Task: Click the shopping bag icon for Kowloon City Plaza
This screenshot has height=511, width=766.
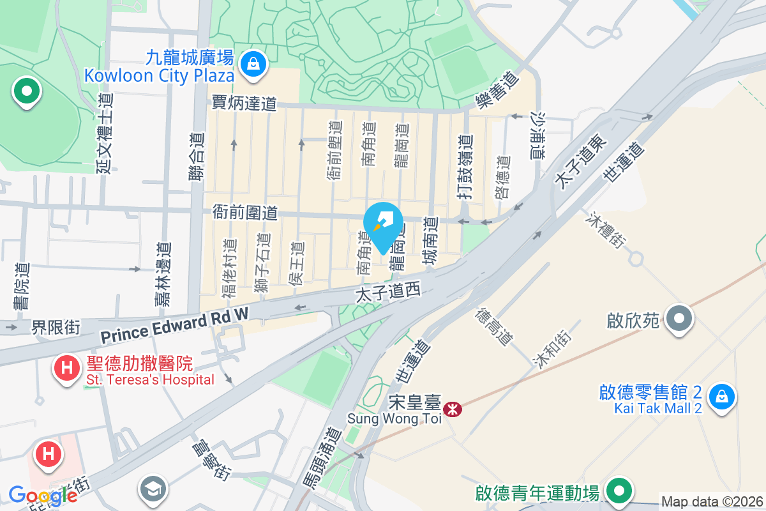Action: tap(254, 64)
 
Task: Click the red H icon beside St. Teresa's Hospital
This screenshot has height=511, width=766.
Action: tap(66, 368)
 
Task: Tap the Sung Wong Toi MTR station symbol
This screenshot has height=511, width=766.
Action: tap(453, 409)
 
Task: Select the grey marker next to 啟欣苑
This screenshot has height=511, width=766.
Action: tap(679, 317)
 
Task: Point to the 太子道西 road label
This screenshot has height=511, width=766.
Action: tap(389, 293)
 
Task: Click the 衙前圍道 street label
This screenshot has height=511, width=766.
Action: tap(246, 213)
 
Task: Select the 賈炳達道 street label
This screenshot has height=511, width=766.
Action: tap(244, 103)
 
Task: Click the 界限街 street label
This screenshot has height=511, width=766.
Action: tap(56, 327)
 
